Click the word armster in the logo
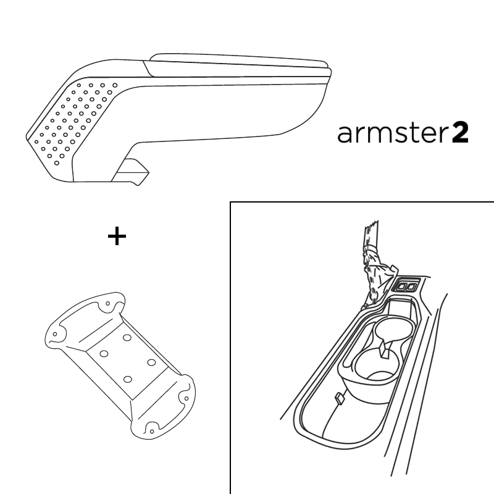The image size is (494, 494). [393, 133]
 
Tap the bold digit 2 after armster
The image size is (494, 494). [460, 133]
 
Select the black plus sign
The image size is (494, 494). [117, 236]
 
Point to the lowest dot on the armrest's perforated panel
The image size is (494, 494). [57, 163]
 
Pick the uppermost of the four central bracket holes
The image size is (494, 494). [127, 338]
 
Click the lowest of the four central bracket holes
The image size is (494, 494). [128, 379]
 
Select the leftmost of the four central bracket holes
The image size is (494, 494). [104, 354]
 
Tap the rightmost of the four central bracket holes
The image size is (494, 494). [151, 362]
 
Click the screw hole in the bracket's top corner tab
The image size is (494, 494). [107, 303]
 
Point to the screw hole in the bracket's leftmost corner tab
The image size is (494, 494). [55, 334]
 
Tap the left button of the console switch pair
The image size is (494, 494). [403, 287]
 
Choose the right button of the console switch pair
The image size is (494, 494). [411, 287]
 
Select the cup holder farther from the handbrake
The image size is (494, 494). [377, 366]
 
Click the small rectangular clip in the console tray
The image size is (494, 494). [339, 398]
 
